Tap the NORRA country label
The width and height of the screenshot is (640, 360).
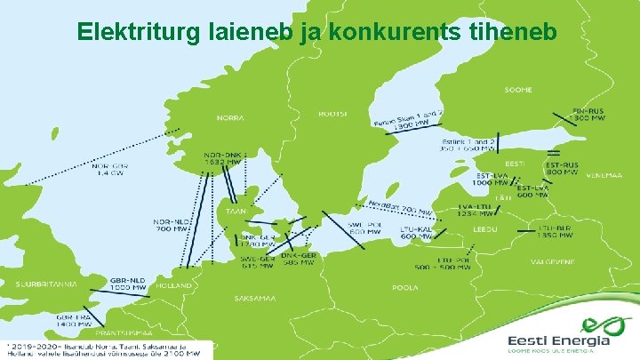(229, 117)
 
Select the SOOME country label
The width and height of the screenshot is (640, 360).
(518, 90)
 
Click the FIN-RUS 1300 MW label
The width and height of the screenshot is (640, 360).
(586, 115)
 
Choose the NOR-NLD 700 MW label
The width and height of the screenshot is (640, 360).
(172, 225)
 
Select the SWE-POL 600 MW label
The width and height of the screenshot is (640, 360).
(364, 228)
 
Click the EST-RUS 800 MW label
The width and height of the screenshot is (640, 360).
(563, 169)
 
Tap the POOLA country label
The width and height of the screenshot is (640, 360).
(405, 288)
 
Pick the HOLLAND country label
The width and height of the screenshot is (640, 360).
(174, 286)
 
